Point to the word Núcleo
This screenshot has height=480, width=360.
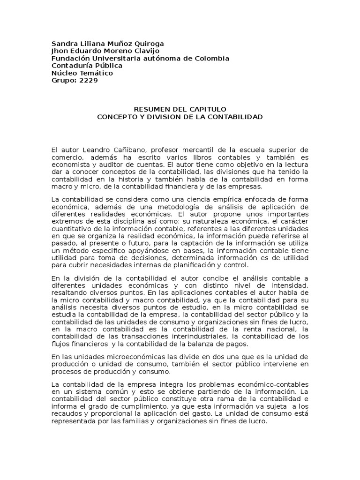pyautogui.click(x=64, y=73)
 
